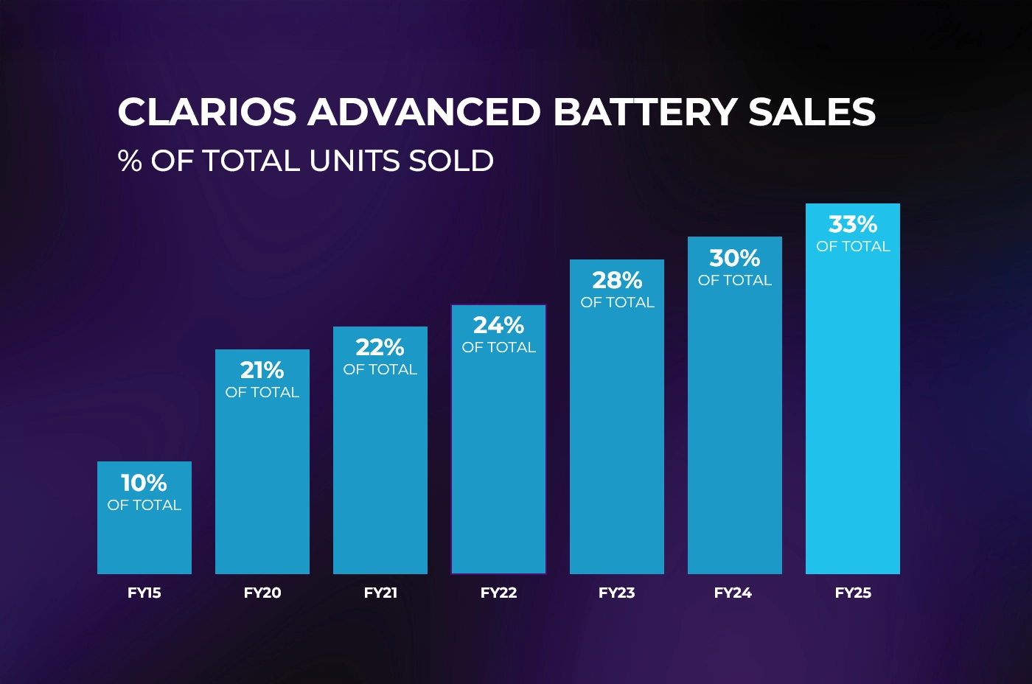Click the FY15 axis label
tap(144, 593)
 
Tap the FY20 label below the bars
tap(262, 593)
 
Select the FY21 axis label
tap(380, 593)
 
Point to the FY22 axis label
tap(498, 593)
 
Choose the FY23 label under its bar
tap(616, 593)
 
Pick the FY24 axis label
tap(733, 593)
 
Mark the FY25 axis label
tap(853, 593)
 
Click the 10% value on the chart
tap(144, 483)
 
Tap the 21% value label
tap(262, 370)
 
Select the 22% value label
tap(380, 347)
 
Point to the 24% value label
tap(498, 325)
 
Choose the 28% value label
tap(617, 280)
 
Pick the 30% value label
tap(734, 258)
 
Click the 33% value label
tap(853, 224)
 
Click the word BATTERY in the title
tap(645, 112)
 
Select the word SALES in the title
tap(812, 112)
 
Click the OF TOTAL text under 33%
tap(853, 246)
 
